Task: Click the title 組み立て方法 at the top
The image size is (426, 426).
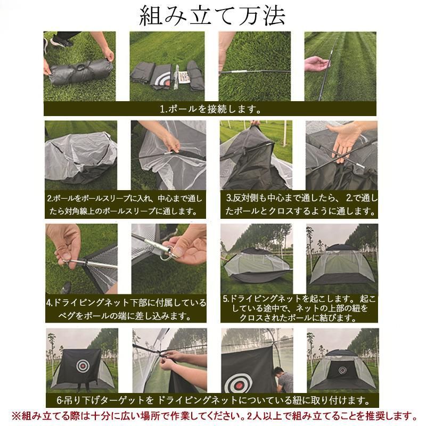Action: click(212, 17)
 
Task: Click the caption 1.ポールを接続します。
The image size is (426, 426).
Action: click(210, 109)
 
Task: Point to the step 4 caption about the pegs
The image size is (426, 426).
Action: click(125, 309)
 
